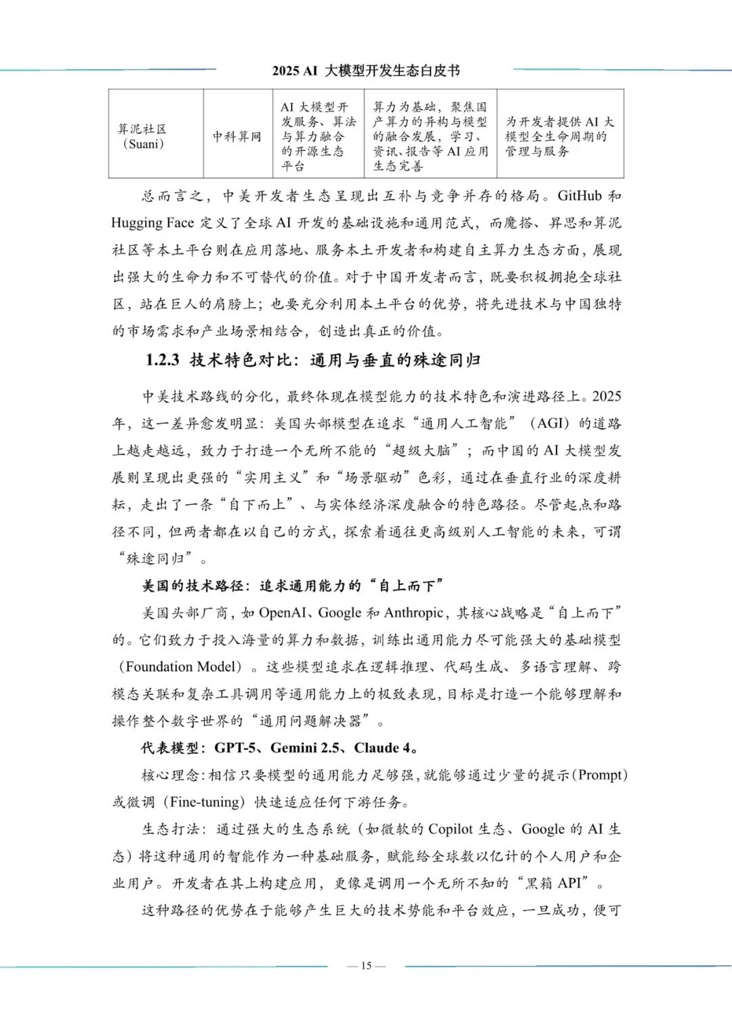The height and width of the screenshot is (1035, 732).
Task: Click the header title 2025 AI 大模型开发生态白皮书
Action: [x=366, y=70]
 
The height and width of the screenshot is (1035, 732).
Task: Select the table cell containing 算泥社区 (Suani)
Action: [x=142, y=136]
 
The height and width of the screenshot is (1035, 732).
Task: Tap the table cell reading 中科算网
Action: [x=237, y=136]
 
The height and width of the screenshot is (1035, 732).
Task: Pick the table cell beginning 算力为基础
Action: [x=430, y=136]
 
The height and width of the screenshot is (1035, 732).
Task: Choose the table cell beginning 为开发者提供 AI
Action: [x=559, y=136]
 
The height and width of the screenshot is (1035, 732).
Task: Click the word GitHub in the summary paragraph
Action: [x=579, y=196]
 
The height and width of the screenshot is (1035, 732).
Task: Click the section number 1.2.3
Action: [x=163, y=360]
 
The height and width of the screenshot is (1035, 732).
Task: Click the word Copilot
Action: [x=451, y=829]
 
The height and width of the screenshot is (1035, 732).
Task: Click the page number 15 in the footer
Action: [x=366, y=966]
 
